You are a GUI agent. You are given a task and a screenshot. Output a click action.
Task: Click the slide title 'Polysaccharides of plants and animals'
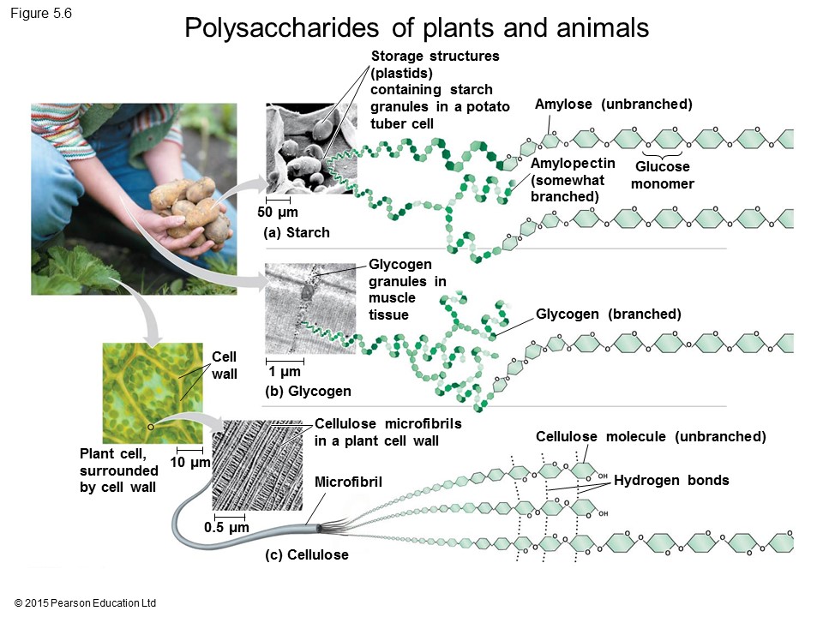tap(417, 28)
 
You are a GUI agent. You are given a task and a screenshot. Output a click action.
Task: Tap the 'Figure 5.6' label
tap(41, 13)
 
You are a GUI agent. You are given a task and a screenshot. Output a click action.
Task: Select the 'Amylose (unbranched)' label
tap(613, 105)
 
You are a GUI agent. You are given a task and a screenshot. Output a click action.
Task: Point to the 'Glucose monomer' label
tap(663, 176)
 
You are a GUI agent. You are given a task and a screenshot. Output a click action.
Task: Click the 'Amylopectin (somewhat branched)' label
tap(573, 180)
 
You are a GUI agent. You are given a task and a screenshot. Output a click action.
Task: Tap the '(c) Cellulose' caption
tap(307, 555)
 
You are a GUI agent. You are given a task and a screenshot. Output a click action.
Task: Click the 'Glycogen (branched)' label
tap(609, 314)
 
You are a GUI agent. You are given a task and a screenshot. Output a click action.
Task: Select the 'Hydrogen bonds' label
tap(671, 481)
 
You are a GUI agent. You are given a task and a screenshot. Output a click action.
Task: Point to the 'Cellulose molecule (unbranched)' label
tap(651, 437)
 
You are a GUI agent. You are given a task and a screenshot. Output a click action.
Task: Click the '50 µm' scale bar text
tap(278, 213)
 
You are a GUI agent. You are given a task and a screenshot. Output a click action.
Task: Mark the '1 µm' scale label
tap(284, 372)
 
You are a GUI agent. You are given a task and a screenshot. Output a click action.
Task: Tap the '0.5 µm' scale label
tap(226, 528)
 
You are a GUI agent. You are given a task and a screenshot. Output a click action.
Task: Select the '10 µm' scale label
tap(189, 464)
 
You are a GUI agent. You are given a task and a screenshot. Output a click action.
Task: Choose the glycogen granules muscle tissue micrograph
tap(309, 308)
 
